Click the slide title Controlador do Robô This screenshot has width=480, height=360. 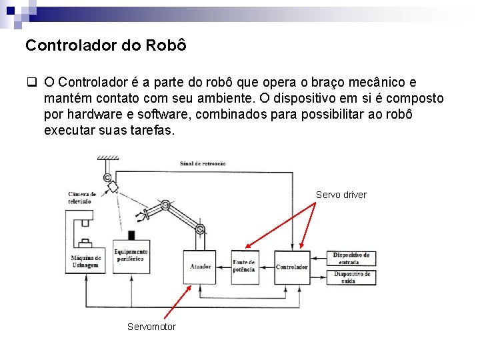pyautogui.click(x=105, y=46)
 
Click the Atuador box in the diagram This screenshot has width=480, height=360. pyautogui.click(x=201, y=267)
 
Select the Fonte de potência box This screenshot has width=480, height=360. pyautogui.click(x=243, y=267)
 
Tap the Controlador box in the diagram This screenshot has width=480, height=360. pyautogui.click(x=292, y=267)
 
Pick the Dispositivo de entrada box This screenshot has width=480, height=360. pyautogui.click(x=353, y=258)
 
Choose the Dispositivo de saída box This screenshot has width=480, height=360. pyautogui.click(x=353, y=277)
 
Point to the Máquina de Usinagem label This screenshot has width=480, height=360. pyautogui.click(x=86, y=261)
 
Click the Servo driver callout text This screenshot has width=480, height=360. pyautogui.click(x=341, y=195)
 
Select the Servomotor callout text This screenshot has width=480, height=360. pyautogui.click(x=151, y=327)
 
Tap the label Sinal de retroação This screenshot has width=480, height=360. pyautogui.click(x=203, y=163)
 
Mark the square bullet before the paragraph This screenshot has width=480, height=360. pyautogui.click(x=31, y=83)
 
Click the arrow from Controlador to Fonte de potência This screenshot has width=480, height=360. pyautogui.click(x=266, y=267)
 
